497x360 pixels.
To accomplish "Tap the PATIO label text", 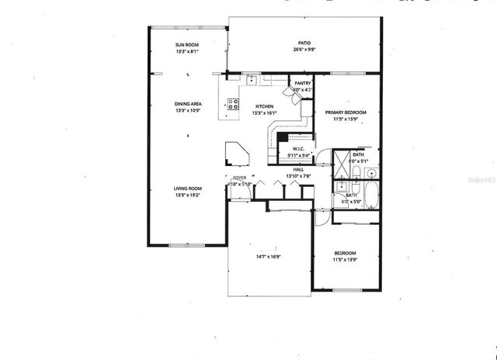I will click(x=304, y=43).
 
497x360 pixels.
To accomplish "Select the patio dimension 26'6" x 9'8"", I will click(x=304, y=50).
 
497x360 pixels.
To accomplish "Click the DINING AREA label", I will click(x=187, y=103).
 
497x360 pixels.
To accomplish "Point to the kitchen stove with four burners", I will click(x=233, y=106).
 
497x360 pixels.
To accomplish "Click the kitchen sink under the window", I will click(x=252, y=79).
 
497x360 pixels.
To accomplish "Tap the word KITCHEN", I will click(x=264, y=106).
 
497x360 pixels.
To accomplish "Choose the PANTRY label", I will click(x=302, y=82).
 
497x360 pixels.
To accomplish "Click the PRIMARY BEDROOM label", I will click(x=345, y=112).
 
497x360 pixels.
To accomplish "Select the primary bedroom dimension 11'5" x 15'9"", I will click(x=345, y=119).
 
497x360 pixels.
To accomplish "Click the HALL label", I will click(x=298, y=169).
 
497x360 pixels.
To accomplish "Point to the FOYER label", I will click(x=240, y=178).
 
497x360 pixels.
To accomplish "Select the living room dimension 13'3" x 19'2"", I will click(x=187, y=195).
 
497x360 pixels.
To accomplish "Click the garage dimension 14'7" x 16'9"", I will click(x=269, y=256).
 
